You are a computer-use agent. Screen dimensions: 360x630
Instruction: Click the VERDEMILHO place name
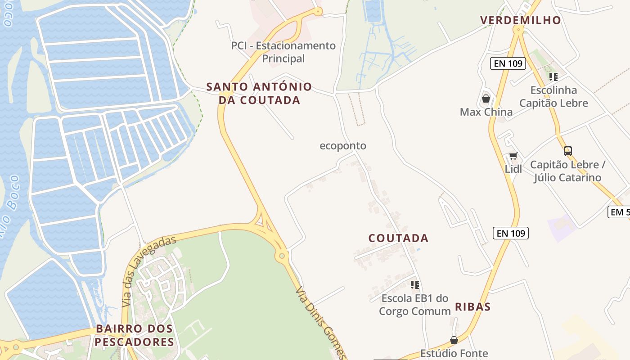click(521, 20)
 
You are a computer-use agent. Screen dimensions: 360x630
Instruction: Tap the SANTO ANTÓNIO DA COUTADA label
click(259, 94)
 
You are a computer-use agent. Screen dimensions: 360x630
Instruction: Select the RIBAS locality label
click(472, 307)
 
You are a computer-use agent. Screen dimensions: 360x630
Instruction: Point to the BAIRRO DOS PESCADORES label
click(135, 335)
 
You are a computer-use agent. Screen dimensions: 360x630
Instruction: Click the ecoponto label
click(343, 146)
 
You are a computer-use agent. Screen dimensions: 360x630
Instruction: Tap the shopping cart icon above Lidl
click(513, 156)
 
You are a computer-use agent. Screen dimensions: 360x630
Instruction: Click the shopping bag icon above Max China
click(486, 99)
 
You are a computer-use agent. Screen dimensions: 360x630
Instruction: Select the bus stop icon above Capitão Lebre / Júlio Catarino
click(568, 151)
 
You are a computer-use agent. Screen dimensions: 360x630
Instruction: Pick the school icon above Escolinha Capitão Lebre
click(553, 77)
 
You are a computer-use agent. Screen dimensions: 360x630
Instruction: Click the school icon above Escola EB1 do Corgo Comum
click(415, 284)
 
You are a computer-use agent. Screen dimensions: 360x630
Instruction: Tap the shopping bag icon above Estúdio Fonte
click(454, 340)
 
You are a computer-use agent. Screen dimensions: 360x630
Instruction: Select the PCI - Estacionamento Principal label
click(283, 52)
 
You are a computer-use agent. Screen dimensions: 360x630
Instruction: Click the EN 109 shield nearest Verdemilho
click(508, 63)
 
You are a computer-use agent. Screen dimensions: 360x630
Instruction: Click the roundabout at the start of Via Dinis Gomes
click(282, 256)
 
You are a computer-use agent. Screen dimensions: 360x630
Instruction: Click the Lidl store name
click(513, 169)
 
